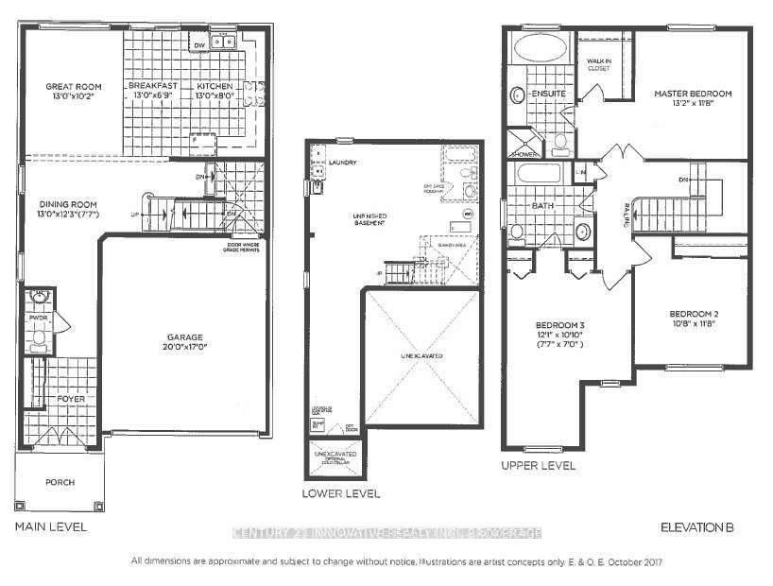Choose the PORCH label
[60, 482]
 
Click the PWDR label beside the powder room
[38, 319]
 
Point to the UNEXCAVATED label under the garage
[421, 356]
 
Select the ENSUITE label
[548, 95]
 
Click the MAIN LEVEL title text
[51, 526]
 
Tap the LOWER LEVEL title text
[340, 493]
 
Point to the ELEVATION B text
[697, 526]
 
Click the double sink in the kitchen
[224, 42]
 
